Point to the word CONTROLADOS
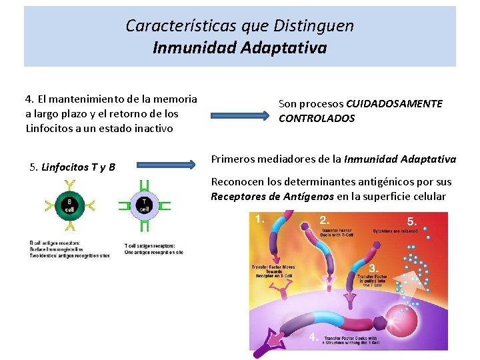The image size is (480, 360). (317, 119)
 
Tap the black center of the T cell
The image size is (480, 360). (144, 205)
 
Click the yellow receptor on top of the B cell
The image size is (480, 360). (68, 185)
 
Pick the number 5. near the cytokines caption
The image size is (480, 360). (413, 221)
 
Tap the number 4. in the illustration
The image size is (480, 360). (313, 337)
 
